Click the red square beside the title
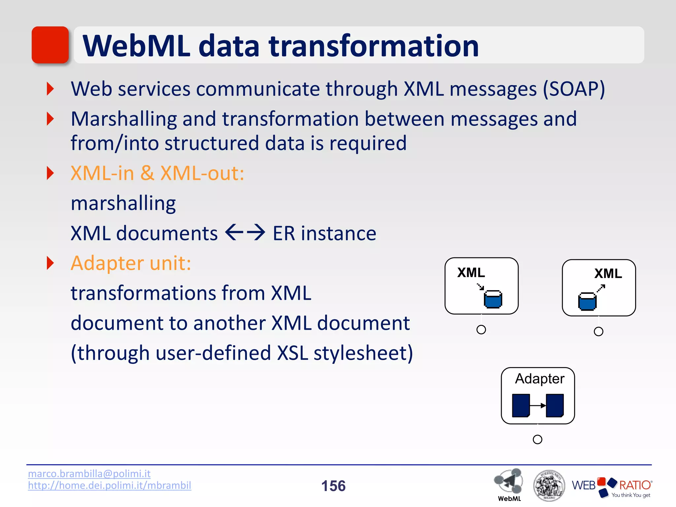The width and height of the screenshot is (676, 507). pos(50,45)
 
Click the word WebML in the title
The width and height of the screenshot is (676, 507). pos(136,46)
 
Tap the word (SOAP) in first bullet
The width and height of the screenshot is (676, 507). pos(574,89)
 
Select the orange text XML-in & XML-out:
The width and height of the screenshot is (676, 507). pos(157,173)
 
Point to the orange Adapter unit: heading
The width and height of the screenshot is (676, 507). pos(131,263)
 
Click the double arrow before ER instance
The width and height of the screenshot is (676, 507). pos(245,232)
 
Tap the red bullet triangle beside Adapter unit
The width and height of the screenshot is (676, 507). pos(50,263)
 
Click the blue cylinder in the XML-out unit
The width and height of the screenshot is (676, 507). pos(587,301)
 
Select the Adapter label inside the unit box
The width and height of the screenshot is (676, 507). pos(540,379)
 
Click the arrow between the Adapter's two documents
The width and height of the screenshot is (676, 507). pos(538,406)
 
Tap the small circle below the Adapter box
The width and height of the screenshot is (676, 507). pos(537,439)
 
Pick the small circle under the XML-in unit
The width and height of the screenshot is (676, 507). pos(481,329)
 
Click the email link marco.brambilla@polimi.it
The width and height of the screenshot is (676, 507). pos(89,474)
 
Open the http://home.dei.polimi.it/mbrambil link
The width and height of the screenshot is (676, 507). pos(110,486)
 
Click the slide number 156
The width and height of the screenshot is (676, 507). pos(333,486)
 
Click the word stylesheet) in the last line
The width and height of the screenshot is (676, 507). pos(363,353)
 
